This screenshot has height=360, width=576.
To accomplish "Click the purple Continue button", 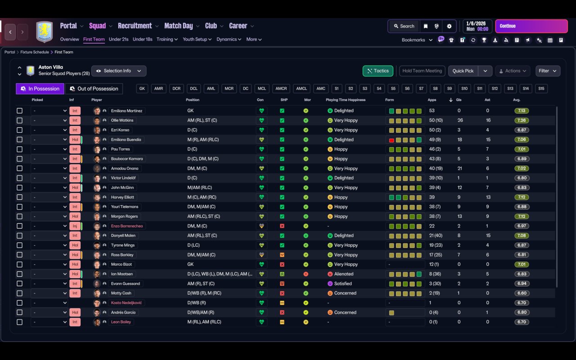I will [x=531, y=26].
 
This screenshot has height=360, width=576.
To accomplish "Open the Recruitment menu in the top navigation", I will [x=135, y=26].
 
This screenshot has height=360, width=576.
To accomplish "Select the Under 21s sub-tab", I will [x=118, y=39].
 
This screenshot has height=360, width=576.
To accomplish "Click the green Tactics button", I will [x=378, y=71].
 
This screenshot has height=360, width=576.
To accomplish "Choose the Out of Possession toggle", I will [x=94, y=89].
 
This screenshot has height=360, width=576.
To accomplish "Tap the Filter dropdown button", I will [x=547, y=71].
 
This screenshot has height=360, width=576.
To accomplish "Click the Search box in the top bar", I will [x=404, y=26].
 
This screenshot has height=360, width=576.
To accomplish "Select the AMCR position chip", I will [x=281, y=89].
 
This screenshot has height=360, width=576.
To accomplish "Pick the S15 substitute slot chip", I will [x=541, y=89].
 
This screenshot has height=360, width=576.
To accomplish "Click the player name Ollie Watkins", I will [x=122, y=120].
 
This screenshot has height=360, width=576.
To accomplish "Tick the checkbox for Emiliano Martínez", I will [x=19, y=111].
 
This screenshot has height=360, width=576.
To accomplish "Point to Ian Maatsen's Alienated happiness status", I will [x=344, y=274].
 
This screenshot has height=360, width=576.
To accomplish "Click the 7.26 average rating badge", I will [x=522, y=120].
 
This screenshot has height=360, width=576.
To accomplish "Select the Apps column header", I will [x=432, y=100].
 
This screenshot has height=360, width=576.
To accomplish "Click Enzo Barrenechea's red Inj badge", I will [x=75, y=226].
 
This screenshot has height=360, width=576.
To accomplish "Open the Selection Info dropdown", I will [x=119, y=71].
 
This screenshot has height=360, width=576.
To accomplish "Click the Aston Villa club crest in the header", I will [x=44, y=31].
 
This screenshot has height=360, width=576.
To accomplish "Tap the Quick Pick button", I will [x=463, y=71].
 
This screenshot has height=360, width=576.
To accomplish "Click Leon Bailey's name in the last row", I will [x=121, y=322].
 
